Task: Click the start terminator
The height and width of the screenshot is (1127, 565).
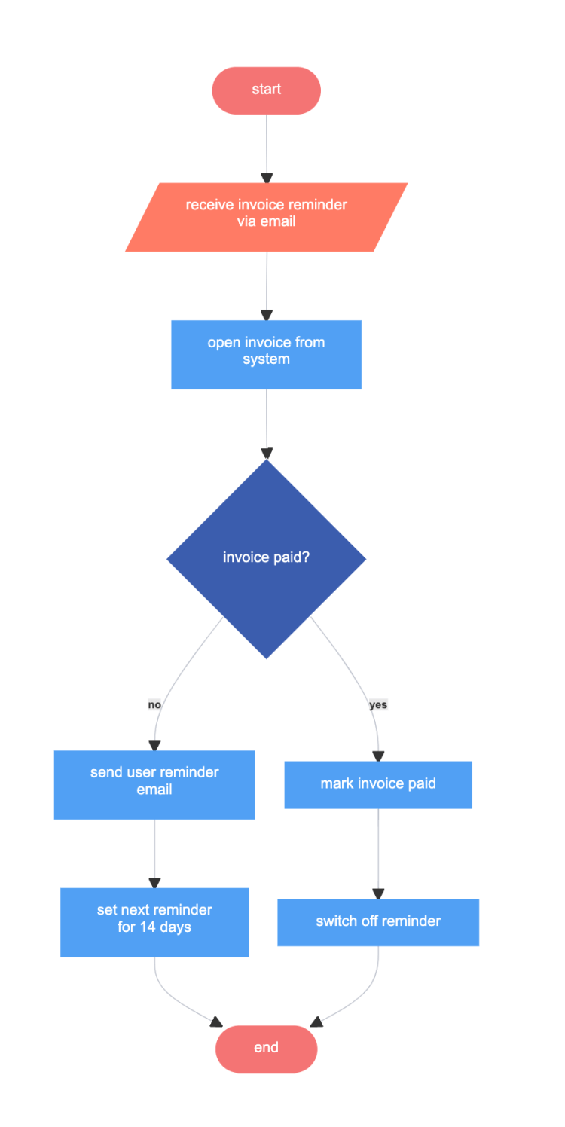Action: point(266,90)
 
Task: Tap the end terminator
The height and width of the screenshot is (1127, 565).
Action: point(266,1048)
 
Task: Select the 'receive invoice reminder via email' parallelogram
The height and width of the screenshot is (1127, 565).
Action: point(266,217)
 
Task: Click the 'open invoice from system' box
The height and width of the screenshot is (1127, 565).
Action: point(266,355)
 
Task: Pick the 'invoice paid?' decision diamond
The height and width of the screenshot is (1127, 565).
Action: point(266,558)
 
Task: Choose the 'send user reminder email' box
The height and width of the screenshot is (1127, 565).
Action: point(154,784)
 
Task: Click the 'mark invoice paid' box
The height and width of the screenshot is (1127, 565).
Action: point(378,784)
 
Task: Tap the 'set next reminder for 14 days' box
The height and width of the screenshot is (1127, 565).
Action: point(154,922)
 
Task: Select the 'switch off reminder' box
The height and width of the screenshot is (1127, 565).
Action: point(378,922)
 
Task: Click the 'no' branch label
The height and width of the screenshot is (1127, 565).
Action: point(154,705)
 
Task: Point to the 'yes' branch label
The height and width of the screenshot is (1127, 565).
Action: point(378,705)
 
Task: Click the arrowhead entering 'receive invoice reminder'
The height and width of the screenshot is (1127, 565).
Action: point(266,178)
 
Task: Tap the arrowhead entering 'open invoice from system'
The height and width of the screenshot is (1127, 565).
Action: point(266,316)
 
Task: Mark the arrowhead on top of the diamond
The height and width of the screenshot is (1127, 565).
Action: point(266,454)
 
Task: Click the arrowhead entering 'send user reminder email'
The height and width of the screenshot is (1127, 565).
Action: point(154,745)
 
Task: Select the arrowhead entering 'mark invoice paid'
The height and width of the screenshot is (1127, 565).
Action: point(378,756)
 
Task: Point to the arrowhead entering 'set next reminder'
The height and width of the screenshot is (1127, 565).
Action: point(154,883)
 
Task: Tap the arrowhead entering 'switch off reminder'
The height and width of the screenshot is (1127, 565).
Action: point(378,893)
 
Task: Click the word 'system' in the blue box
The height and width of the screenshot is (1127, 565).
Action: point(266,359)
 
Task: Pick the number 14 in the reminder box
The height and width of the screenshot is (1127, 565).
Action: point(148,927)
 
